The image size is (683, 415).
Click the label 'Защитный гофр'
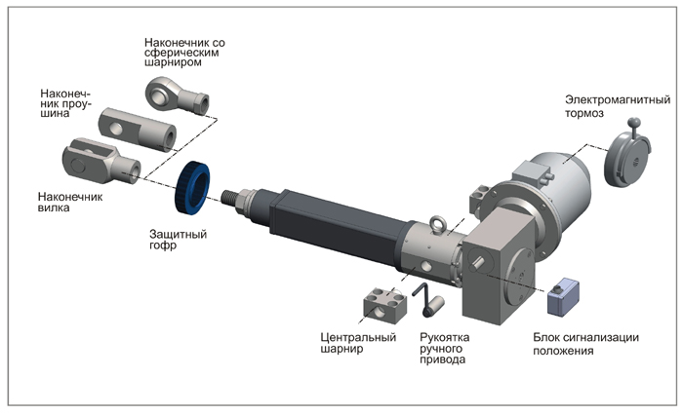(x=178, y=241)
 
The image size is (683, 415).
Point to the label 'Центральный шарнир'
(x=358, y=344)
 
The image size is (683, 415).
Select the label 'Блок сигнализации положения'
(x=585, y=344)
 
